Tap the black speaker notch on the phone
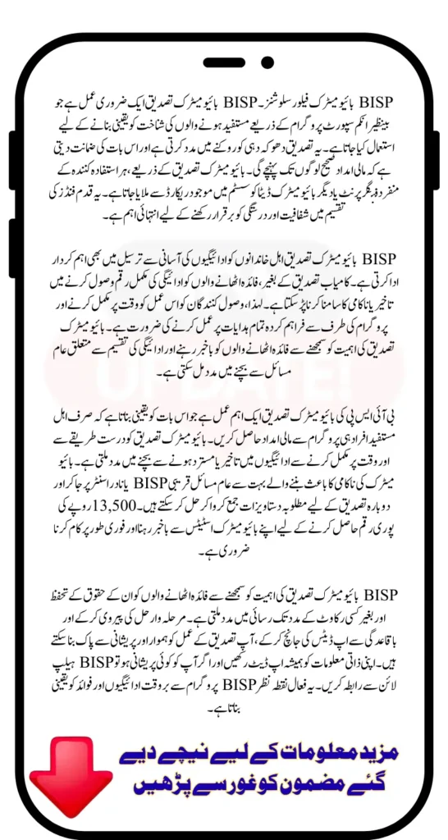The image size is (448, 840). pyautogui.click(x=223, y=62)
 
